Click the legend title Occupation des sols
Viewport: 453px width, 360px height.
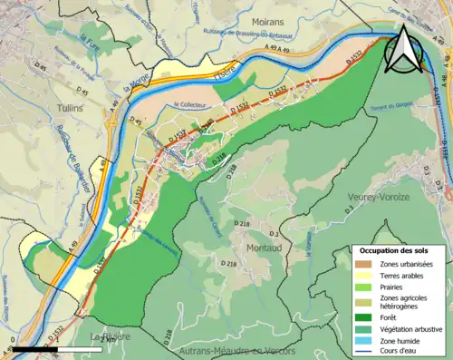(393, 250)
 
